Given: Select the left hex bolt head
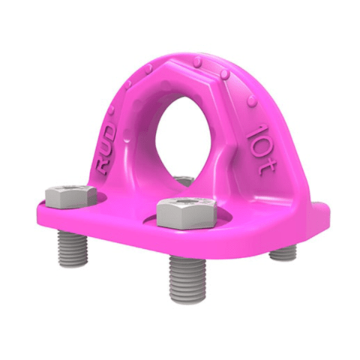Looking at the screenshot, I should point(70,197).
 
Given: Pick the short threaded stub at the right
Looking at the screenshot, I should point(283,253).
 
